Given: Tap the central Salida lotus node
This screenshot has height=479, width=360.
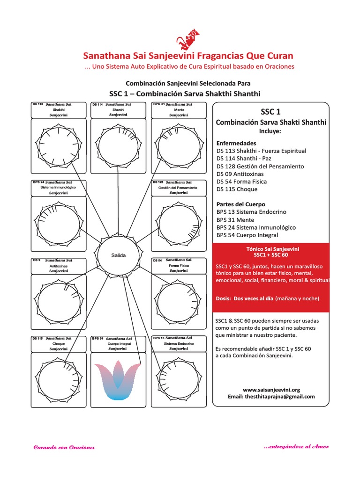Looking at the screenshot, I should [119, 255].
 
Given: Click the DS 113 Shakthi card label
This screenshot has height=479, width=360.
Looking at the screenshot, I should [59, 109].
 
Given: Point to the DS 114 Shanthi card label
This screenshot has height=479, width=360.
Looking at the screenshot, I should [118, 109].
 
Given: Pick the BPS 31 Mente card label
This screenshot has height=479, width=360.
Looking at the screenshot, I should [179, 109].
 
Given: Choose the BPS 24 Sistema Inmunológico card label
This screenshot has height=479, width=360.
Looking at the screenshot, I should [59, 187].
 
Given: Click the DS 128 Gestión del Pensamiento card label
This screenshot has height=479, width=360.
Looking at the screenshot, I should [179, 187].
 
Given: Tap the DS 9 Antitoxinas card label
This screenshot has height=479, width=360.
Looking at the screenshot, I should [59, 265].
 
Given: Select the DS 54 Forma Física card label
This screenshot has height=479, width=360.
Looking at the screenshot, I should [179, 265].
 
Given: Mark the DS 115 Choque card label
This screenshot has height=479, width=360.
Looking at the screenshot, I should [59, 343].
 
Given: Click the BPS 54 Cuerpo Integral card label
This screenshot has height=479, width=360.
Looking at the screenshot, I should [118, 343].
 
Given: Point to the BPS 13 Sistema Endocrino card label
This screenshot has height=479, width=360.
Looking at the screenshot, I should [179, 343].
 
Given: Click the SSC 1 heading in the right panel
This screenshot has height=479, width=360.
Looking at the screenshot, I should [270, 112].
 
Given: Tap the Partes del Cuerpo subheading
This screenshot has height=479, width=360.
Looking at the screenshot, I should [240, 204].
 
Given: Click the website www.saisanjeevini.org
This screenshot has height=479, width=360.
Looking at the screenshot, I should [271, 389].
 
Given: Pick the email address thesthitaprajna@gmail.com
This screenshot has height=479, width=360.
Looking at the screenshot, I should [271, 396].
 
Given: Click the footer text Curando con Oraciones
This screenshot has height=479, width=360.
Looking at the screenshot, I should [64, 447].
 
